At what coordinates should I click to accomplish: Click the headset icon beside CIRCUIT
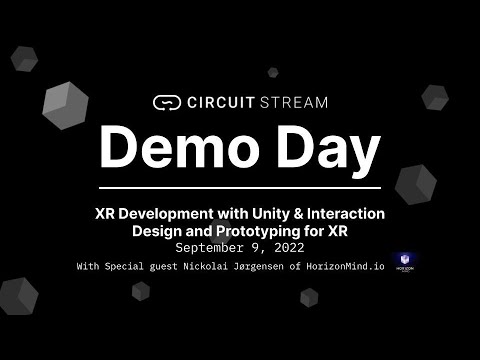[x=166, y=101]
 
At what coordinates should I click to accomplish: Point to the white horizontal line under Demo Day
[x=240, y=187]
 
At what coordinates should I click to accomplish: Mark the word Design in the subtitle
[x=159, y=230]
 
